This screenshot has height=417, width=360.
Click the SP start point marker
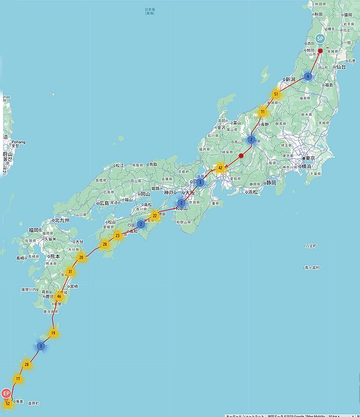click(x=320, y=38)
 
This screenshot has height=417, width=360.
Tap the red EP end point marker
click(x=6, y=394)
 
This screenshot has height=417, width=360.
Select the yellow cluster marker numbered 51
click(x=276, y=94)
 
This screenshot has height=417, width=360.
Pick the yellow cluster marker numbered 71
click(x=263, y=112)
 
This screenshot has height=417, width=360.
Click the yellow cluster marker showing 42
click(x=220, y=167)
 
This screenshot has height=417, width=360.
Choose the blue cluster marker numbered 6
click(x=308, y=77)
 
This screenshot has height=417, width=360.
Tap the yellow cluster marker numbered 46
click(x=59, y=297)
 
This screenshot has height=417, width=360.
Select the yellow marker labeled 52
click(x=7, y=404)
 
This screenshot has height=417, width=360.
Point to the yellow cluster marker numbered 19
click(x=54, y=334)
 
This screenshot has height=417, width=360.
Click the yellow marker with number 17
click(x=18, y=379)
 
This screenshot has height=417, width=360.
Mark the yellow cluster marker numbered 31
click(x=71, y=272)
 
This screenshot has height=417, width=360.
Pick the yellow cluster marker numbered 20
click(x=82, y=257)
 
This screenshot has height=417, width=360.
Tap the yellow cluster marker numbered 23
click(x=117, y=235)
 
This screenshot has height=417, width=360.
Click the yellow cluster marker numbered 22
click(x=155, y=216)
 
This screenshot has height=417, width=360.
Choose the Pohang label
click(x=18, y=142)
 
